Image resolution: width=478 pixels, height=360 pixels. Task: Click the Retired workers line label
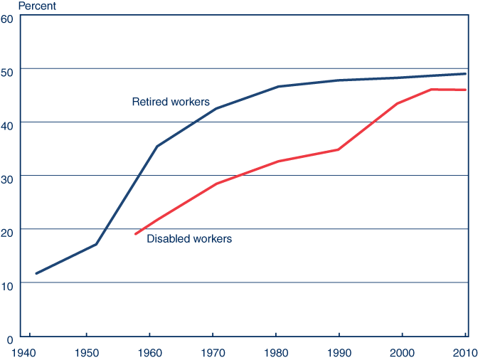click(171, 102)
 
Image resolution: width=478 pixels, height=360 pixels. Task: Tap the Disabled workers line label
click(189, 239)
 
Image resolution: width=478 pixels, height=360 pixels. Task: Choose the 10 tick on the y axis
click(8, 284)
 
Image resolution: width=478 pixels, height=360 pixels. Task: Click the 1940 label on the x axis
click(23, 351)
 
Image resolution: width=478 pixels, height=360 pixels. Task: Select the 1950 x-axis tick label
click(86, 351)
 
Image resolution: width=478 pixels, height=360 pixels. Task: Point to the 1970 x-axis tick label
click(213, 351)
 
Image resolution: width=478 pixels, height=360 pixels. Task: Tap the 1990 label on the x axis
click(339, 351)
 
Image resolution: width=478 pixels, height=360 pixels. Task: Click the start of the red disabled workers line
click(136, 233)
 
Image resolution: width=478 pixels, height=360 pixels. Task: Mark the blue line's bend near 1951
click(96, 244)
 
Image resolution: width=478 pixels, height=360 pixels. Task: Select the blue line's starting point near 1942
click(36, 273)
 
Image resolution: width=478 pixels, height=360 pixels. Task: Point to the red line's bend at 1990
click(339, 149)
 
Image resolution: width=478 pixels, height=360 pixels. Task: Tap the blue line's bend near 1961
click(156, 147)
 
